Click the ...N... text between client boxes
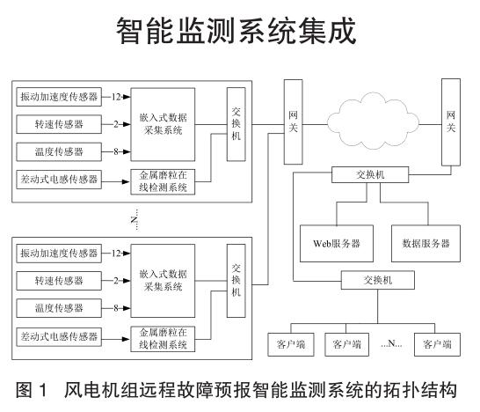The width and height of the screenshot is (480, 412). point(391,343)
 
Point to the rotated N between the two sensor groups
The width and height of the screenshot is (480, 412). point(135,219)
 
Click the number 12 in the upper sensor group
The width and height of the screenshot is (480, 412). point(116,97)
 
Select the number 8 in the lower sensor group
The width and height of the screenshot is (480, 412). point(116,308)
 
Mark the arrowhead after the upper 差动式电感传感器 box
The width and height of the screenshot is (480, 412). point(127,181)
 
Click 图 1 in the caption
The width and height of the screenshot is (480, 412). point(33,390)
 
